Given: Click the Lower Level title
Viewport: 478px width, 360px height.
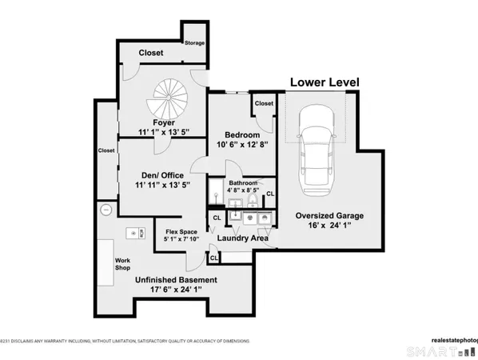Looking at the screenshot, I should coord(325,82).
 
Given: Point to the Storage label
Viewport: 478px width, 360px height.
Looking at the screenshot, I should coord(194,42).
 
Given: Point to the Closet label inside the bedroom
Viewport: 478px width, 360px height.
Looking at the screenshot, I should coord(263,104).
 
